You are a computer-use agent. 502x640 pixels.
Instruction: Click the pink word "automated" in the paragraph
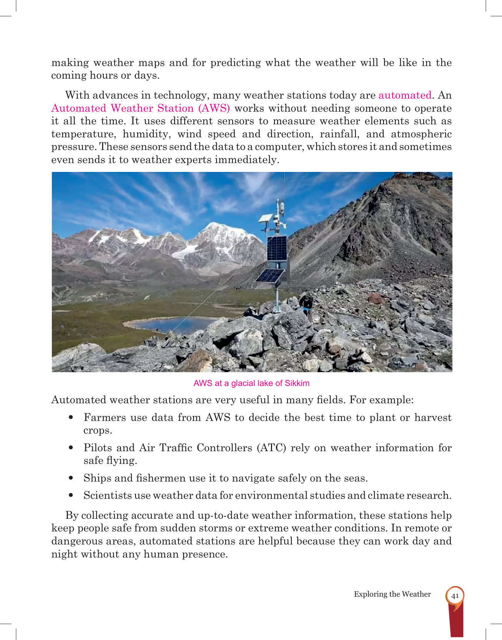[x=405, y=95]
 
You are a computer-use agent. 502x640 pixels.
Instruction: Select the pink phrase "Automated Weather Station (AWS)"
[x=140, y=108]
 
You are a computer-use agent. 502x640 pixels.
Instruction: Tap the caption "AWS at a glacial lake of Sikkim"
[x=251, y=383]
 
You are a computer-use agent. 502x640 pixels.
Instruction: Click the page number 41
[x=455, y=596]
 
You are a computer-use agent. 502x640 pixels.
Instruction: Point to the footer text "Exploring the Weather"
[x=392, y=594]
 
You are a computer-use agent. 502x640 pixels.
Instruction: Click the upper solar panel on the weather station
[x=277, y=248]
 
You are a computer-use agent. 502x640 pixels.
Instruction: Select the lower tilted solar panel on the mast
[x=270, y=276]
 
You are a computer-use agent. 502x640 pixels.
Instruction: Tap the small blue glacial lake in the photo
[x=173, y=324]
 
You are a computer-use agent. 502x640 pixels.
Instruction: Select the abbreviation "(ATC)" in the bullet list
[x=271, y=448]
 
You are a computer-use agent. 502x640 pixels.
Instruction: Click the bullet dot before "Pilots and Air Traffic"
[x=71, y=447]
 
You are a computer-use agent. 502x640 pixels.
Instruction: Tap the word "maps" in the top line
[x=152, y=63]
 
